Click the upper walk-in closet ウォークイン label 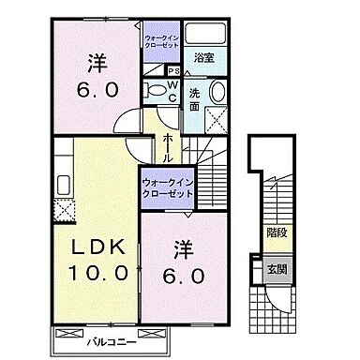(162, 40)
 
